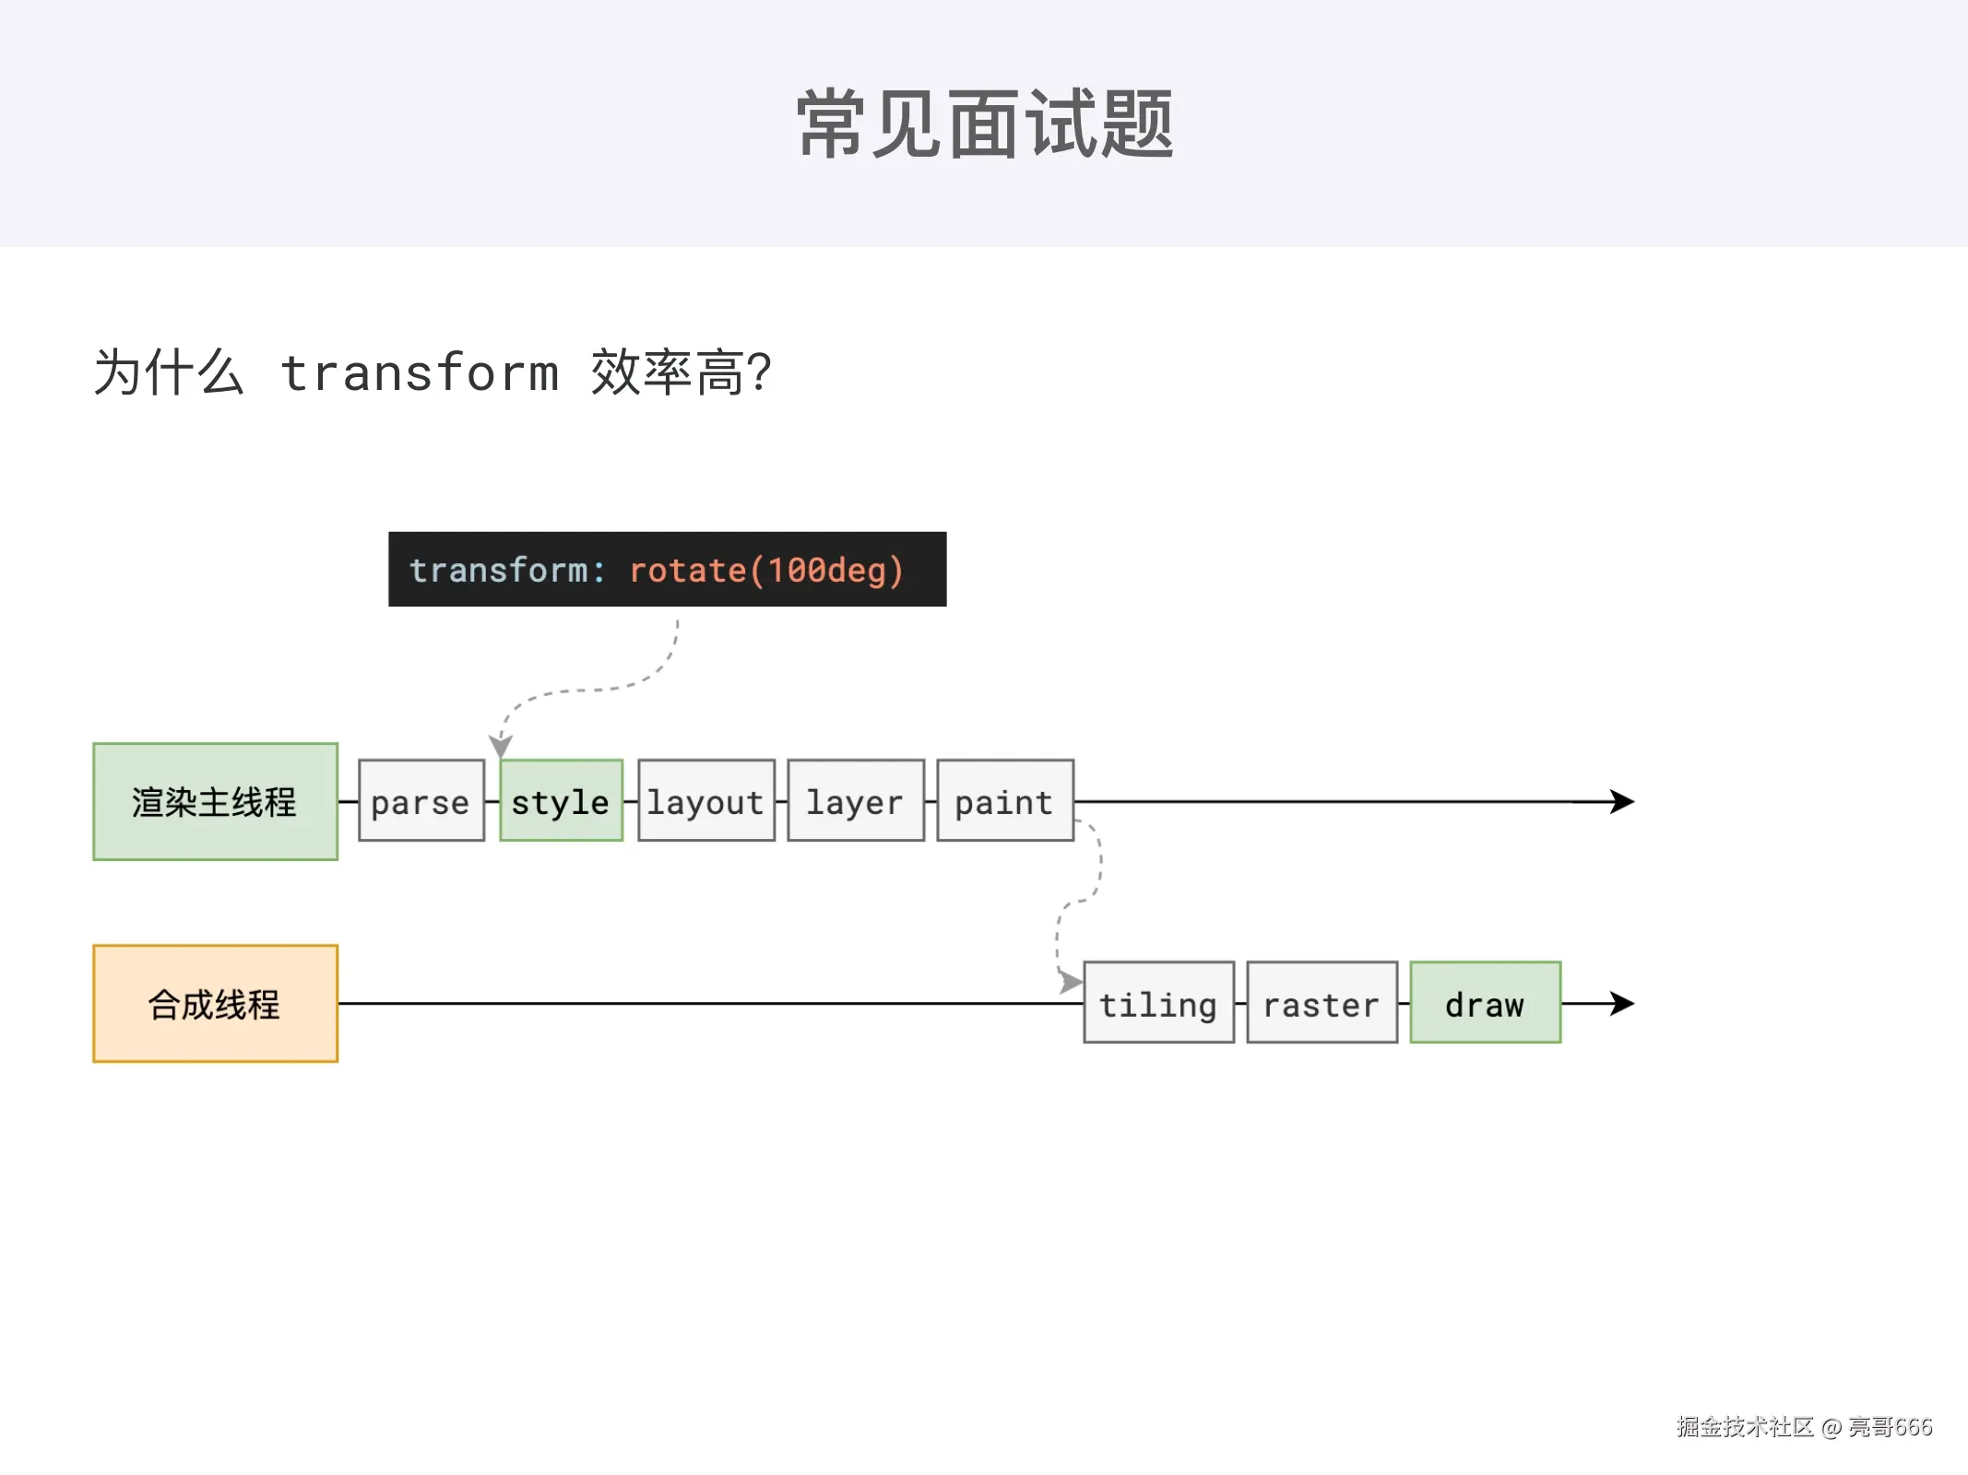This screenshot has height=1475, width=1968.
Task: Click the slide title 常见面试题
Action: [x=984, y=124]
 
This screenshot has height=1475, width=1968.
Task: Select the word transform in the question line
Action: [x=420, y=373]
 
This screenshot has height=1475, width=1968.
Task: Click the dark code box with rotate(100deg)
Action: [x=667, y=569]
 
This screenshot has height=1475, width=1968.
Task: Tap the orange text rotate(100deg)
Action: [x=765, y=571]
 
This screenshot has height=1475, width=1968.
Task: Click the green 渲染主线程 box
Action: [x=215, y=801]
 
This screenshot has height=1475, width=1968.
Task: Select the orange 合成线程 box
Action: [x=215, y=1003]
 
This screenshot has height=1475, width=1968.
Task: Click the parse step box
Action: [x=421, y=801]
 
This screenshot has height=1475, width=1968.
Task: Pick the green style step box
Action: [x=561, y=801]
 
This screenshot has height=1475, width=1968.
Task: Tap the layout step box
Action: [x=705, y=801]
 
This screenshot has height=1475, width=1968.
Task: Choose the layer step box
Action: [x=855, y=801]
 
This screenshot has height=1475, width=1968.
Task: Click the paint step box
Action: [x=1004, y=801]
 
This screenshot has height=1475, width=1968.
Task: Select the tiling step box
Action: [x=1158, y=1003]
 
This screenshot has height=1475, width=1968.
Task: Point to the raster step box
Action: [x=1322, y=1003]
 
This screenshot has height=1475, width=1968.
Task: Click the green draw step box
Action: [x=1485, y=1003]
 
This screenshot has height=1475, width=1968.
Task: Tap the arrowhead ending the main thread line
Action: [x=1622, y=801]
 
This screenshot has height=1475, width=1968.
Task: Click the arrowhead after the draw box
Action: [x=1622, y=1003]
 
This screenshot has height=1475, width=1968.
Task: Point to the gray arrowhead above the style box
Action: [x=500, y=745]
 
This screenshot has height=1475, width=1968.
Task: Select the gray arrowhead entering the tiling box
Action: [x=1070, y=982]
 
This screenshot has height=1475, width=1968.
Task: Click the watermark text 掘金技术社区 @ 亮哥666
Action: [x=1804, y=1427]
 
